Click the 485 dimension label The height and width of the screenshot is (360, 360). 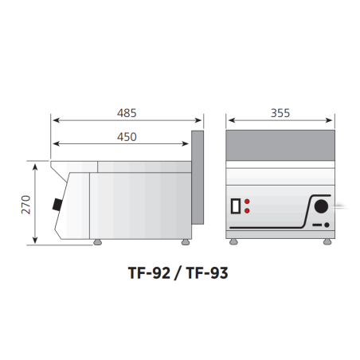127,113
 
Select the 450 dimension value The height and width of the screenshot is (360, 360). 127,137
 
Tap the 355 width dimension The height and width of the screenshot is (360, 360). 280,113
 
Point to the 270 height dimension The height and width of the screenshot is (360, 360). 26,205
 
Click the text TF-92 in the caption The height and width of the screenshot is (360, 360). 149,273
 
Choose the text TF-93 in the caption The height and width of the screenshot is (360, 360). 207,273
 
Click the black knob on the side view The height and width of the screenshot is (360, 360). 57,205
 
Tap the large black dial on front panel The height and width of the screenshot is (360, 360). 321,206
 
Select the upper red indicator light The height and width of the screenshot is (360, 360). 247,202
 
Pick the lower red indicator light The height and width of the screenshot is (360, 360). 247,211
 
